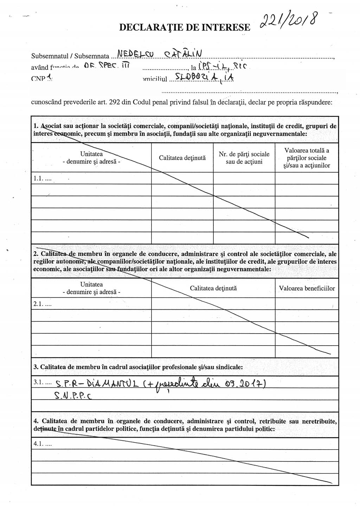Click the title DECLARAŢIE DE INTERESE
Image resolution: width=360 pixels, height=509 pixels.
pyautogui.click(x=185, y=27)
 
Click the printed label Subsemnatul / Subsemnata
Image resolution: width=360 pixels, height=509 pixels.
pyautogui.click(x=70, y=56)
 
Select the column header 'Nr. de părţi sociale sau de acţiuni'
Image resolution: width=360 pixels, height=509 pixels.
pyautogui.click(x=244, y=158)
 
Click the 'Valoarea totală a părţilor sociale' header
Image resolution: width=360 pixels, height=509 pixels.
pyautogui.click(x=307, y=158)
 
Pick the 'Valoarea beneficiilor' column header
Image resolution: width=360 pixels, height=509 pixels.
pyautogui.click(x=307, y=288)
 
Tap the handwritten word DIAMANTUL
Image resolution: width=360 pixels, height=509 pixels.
pyautogui.click(x=109, y=384)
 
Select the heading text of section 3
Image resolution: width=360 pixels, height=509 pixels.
pyautogui.click(x=141, y=367)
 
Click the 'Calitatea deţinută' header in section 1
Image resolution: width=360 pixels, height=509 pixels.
pyautogui.click(x=182, y=158)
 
